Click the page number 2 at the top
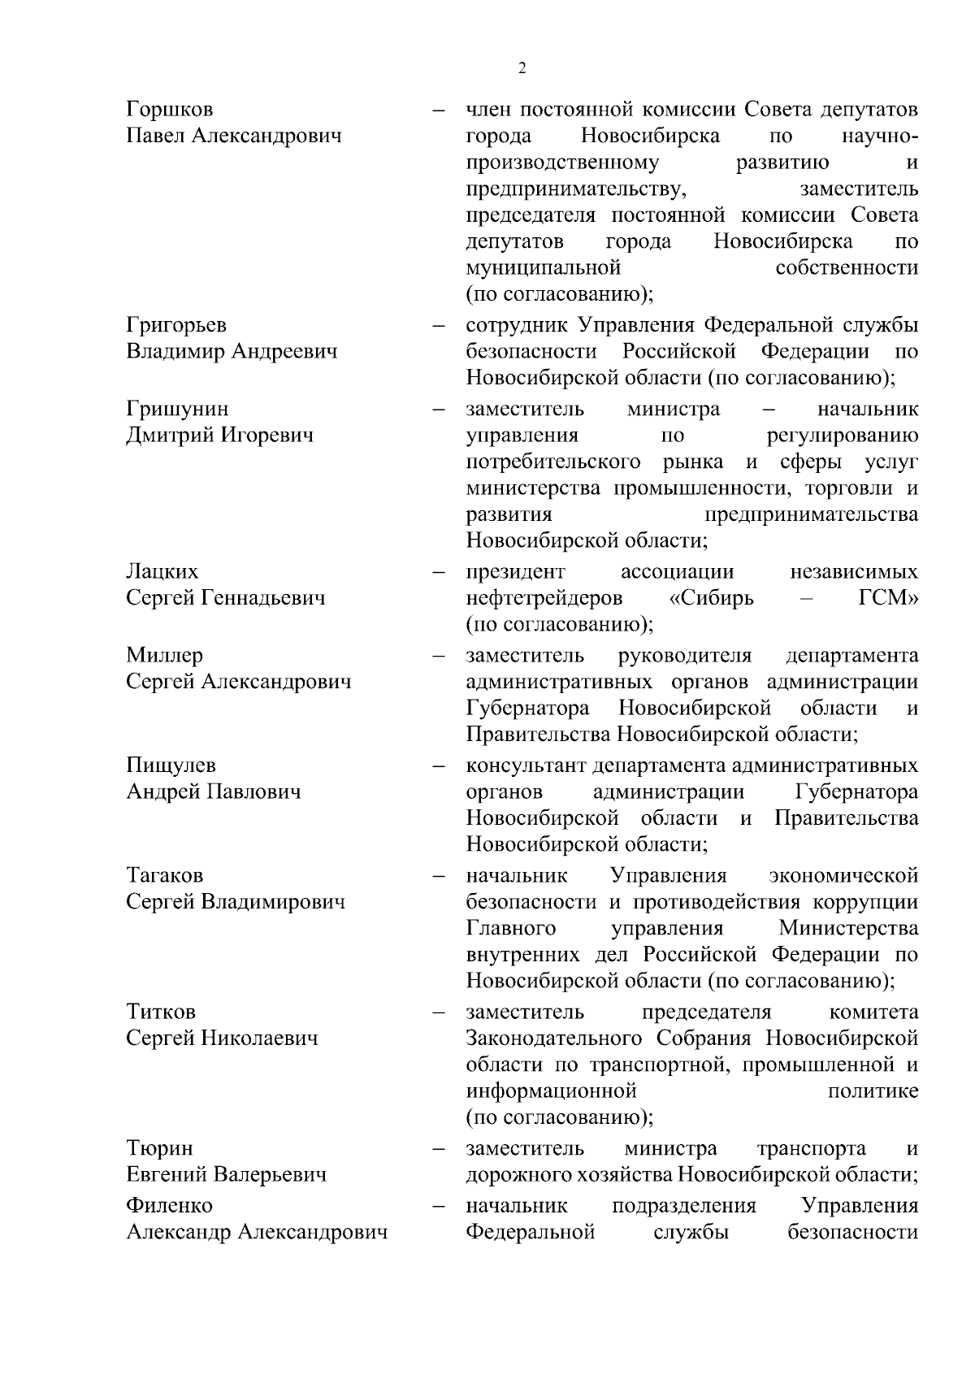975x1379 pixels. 522,68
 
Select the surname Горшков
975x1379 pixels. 170,110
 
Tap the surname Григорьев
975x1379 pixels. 176,325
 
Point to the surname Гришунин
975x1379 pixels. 177,409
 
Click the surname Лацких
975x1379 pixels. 162,571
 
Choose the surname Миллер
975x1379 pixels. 164,655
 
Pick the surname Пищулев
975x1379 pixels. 171,765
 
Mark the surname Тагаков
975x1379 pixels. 164,875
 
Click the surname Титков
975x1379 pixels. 161,1012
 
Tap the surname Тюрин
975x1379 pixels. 159,1148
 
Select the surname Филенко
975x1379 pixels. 169,1205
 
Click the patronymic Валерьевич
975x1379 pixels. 271,1175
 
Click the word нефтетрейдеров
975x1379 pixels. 544,598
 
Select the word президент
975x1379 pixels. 515,571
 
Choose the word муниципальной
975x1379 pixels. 544,267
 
